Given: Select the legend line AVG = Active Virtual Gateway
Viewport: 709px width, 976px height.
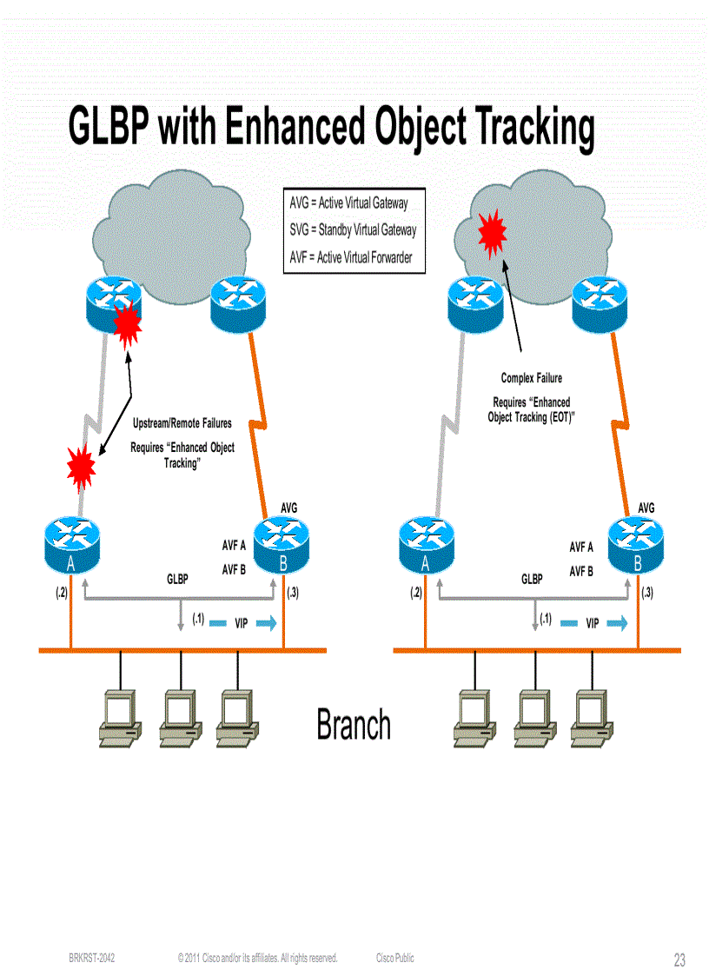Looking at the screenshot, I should click(x=348, y=203).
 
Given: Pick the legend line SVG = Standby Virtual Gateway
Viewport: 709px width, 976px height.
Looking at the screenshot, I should click(x=352, y=229).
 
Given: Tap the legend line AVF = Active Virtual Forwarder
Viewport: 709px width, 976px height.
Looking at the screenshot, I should click(x=350, y=257).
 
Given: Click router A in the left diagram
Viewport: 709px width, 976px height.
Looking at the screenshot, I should click(x=71, y=543).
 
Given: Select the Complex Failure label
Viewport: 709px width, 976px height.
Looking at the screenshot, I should click(x=531, y=378).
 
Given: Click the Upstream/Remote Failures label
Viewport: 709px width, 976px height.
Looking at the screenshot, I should click(x=182, y=423).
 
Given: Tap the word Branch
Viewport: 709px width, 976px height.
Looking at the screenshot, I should click(x=353, y=725).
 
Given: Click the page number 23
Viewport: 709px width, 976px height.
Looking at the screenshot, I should click(x=679, y=959).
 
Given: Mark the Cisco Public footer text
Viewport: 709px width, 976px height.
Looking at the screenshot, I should click(x=394, y=958).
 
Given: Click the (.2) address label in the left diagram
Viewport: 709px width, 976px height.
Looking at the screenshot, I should click(x=61, y=593).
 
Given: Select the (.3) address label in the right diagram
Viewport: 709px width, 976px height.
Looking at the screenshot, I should click(x=647, y=593).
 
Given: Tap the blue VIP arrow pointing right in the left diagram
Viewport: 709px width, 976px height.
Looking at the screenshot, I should click(x=267, y=623).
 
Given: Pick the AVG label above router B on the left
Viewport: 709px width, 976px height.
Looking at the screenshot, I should click(x=289, y=507).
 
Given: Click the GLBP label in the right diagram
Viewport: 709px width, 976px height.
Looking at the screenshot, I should click(x=532, y=579).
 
